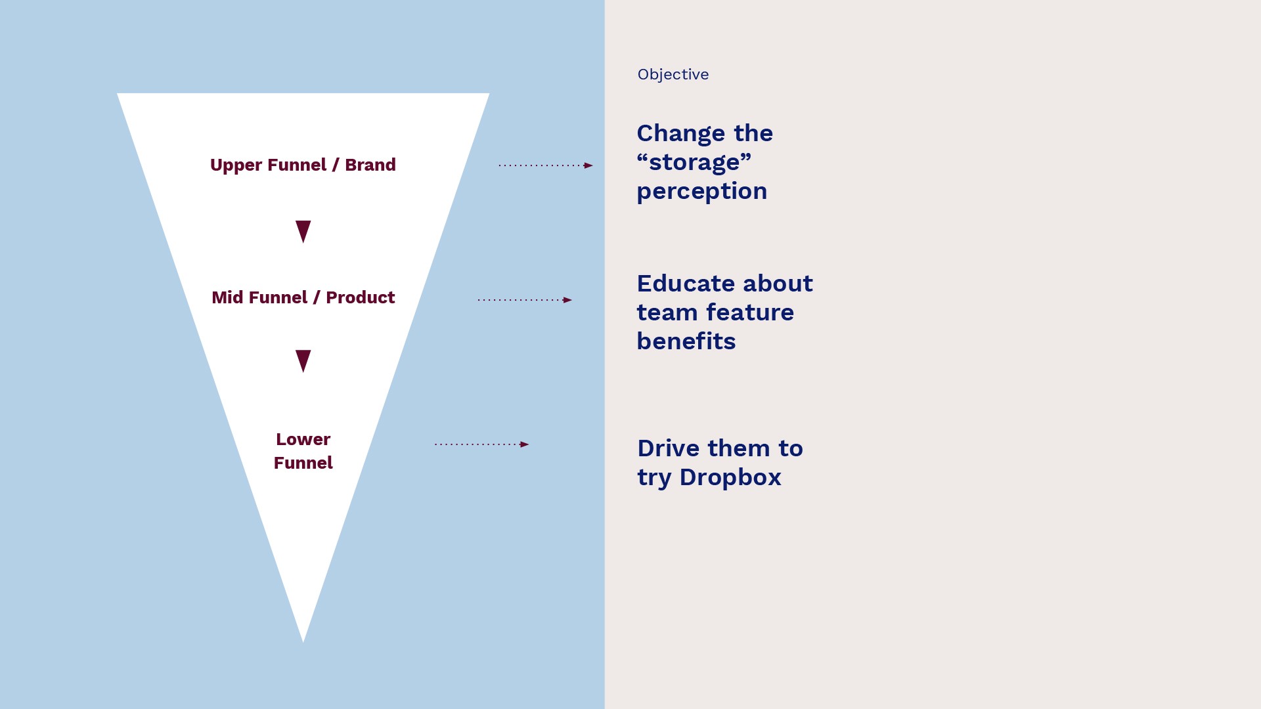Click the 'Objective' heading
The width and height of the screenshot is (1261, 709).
pyautogui.click(x=673, y=75)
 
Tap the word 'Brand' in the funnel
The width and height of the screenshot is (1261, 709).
pyautogui.click(x=370, y=165)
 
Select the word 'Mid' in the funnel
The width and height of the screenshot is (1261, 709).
pyautogui.click(x=227, y=297)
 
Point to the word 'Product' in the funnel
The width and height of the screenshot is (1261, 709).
pyautogui.click(x=361, y=297)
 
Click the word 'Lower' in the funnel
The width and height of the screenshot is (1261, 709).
pyautogui.click(x=303, y=439)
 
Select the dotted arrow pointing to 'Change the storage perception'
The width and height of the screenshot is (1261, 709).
pyautogui.click(x=545, y=165)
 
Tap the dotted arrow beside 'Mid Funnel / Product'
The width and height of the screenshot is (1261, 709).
pyautogui.click(x=524, y=300)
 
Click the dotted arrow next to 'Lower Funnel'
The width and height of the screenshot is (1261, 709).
pyautogui.click(x=481, y=444)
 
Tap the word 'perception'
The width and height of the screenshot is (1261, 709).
pyautogui.click(x=701, y=192)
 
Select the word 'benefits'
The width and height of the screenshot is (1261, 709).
pyautogui.click(x=686, y=341)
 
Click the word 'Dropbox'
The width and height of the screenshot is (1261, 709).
pyautogui.click(x=730, y=477)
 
